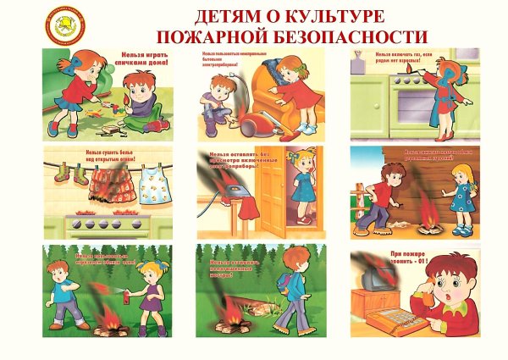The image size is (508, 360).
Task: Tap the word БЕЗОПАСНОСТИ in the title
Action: click(x=355, y=36)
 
